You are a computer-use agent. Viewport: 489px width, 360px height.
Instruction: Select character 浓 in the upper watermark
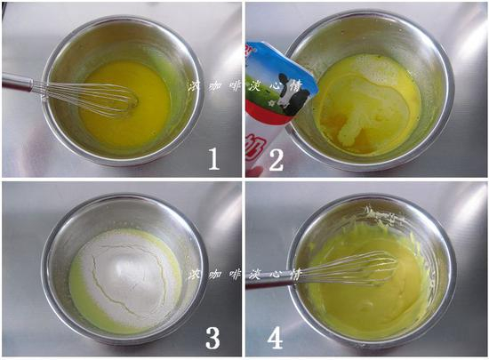pos(194,85)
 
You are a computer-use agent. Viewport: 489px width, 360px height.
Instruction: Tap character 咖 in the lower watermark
pos(212,274)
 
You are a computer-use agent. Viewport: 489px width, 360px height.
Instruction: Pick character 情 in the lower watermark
pos(305,274)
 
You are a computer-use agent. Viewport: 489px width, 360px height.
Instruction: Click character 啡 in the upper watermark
pos(235,85)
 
